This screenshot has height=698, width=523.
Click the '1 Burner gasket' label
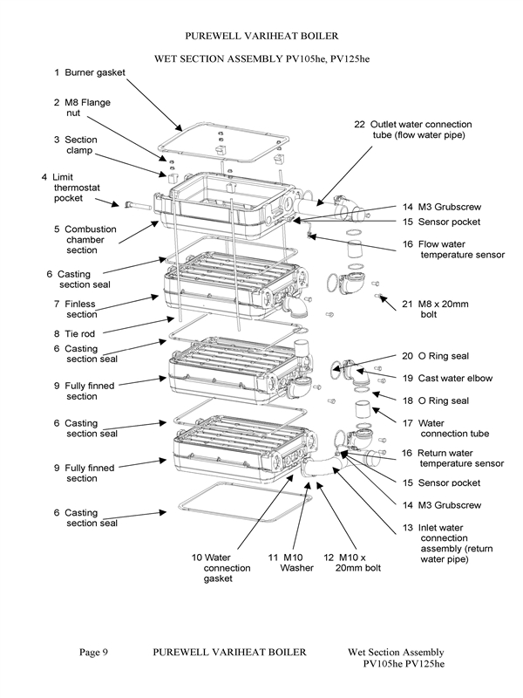click(89, 72)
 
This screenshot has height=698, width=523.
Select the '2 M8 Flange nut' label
click(83, 108)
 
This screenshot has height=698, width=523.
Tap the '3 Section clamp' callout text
click(76, 145)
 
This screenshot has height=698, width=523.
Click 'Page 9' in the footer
click(93, 652)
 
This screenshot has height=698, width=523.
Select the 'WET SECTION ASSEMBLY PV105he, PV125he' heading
click(261, 58)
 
